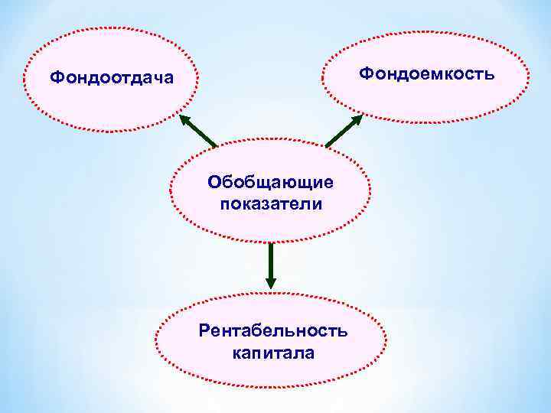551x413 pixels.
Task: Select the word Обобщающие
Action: pyautogui.click(x=270, y=184)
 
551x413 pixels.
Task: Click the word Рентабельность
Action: pyautogui.click(x=272, y=330)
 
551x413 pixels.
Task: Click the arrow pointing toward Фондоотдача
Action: pyautogui.click(x=199, y=131)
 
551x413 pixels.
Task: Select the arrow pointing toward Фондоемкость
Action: pyautogui.click(x=344, y=131)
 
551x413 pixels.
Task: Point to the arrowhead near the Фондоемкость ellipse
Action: pyautogui.click(x=359, y=119)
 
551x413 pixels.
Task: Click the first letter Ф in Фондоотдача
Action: pyautogui.click(x=55, y=77)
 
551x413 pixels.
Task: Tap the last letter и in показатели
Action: pyautogui.click(x=317, y=205)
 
